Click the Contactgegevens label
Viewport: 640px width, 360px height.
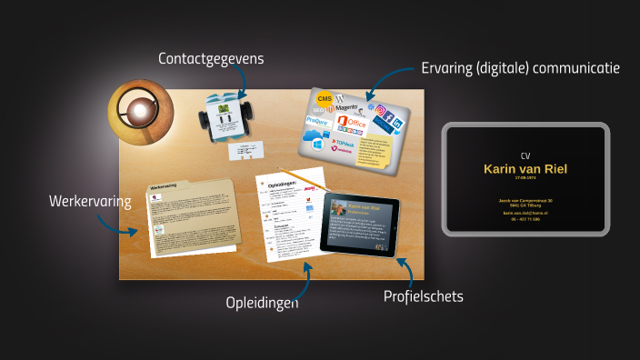[x=211, y=59]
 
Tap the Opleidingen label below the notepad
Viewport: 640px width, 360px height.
[x=262, y=302]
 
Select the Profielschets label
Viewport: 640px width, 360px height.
[x=423, y=296]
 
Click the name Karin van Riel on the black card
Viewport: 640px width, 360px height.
[x=525, y=170]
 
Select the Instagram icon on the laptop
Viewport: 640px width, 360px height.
[x=384, y=110]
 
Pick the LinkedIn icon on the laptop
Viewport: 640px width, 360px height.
[x=385, y=123]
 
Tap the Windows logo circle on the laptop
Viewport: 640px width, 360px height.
[x=317, y=144]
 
